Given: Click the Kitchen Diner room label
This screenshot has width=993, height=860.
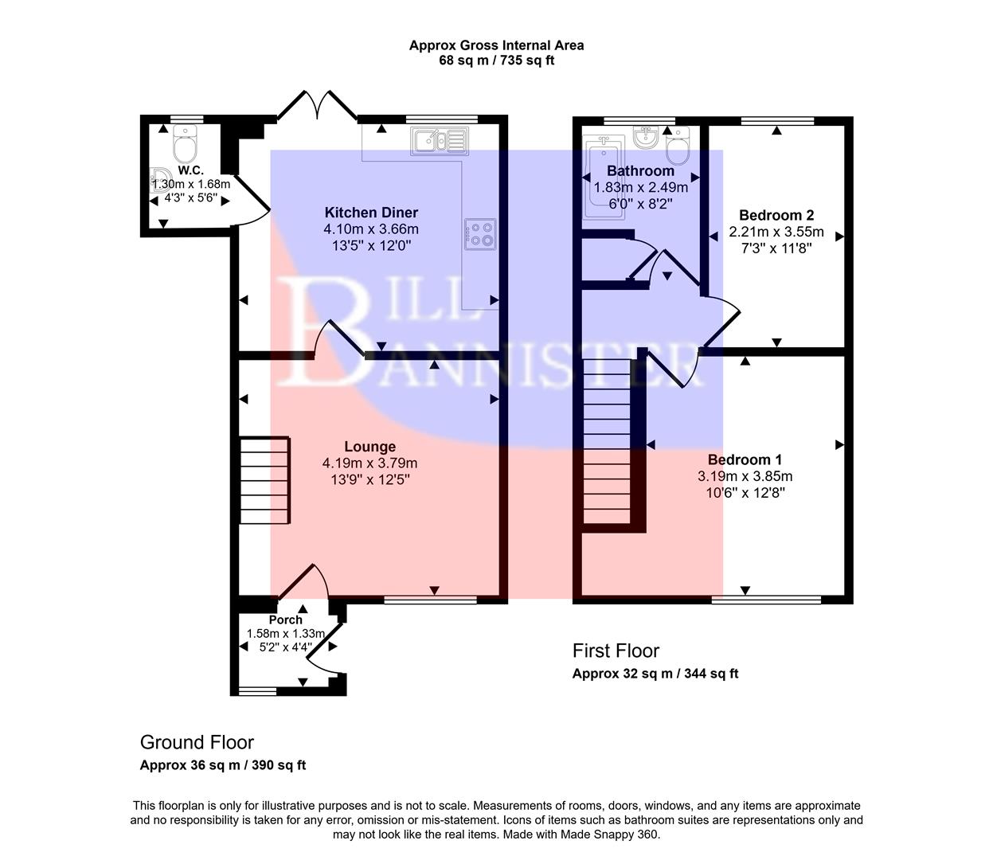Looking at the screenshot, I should pos(370,213).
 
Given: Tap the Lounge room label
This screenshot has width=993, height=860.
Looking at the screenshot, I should pos(369,447).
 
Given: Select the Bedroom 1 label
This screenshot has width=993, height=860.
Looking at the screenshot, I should pos(745,459).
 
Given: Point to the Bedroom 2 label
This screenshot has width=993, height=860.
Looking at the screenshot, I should pos(776,215).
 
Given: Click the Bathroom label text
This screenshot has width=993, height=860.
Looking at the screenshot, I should pos(640,170).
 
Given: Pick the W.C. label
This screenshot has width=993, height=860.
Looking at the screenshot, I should pos(190,170).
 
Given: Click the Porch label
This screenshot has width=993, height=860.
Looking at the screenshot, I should pos(285,620).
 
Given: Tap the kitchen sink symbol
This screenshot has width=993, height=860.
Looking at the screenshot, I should pos(440,140).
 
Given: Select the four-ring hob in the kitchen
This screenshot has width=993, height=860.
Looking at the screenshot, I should pos(480,233).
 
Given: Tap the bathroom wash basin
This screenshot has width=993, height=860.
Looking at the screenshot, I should pos(646,137).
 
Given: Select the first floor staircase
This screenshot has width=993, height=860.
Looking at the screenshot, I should pos(613,442).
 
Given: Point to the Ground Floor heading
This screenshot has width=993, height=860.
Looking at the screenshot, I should pos(197,742).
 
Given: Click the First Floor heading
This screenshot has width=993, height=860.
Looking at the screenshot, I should pos(616,651).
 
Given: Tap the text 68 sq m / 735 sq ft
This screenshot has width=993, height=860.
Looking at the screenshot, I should pos(496,61).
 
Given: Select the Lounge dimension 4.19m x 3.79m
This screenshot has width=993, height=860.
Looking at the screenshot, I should pos(369,463).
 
